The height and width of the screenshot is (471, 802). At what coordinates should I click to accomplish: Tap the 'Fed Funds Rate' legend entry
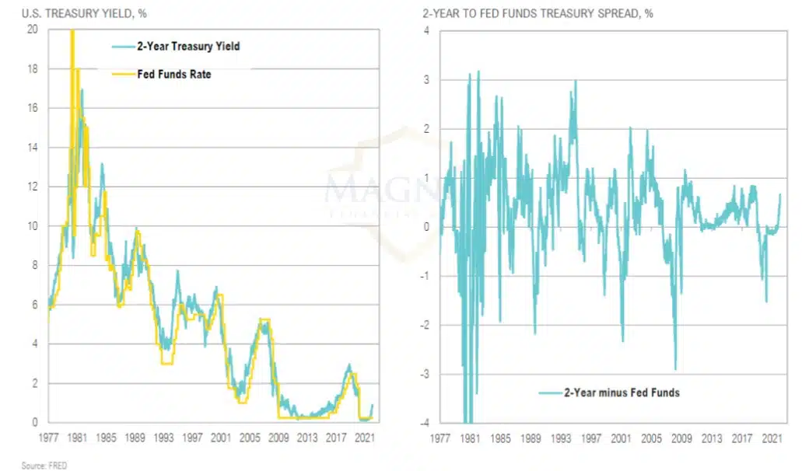click(180, 75)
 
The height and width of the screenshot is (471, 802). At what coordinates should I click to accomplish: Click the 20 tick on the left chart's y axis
click(32, 30)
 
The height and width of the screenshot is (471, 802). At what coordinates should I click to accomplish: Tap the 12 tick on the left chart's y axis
click(32, 187)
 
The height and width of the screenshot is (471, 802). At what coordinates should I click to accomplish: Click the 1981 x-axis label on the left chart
click(76, 438)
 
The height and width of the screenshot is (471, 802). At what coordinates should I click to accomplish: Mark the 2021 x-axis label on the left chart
click(363, 438)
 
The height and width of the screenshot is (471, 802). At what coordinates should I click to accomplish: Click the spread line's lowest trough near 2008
click(675, 369)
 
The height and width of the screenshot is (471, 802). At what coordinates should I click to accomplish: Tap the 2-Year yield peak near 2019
click(349, 365)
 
